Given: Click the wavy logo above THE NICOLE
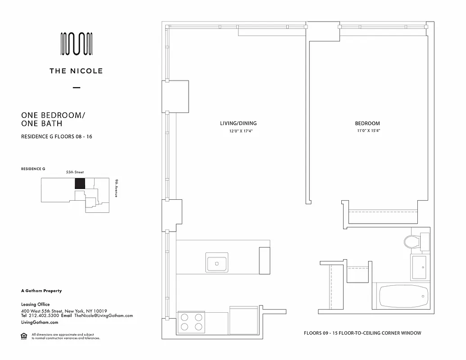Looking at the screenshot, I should (77, 44).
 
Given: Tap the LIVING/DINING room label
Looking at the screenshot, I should (238, 123).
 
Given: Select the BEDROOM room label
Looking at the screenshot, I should (367, 123).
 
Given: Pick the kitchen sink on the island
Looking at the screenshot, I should (217, 262).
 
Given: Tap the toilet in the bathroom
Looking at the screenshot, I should (411, 242).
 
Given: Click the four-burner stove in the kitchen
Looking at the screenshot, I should (190, 322).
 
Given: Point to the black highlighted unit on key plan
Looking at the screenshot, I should (80, 183).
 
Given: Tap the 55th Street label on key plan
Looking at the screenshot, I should (75, 172).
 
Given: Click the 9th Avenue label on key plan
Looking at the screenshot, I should (116, 188).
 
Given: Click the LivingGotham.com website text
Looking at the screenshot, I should (40, 323).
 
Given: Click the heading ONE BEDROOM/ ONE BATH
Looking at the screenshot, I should (53, 119).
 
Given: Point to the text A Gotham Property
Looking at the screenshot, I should (41, 291).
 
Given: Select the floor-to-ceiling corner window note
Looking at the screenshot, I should (362, 333).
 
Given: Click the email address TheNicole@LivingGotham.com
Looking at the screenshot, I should (104, 316).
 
